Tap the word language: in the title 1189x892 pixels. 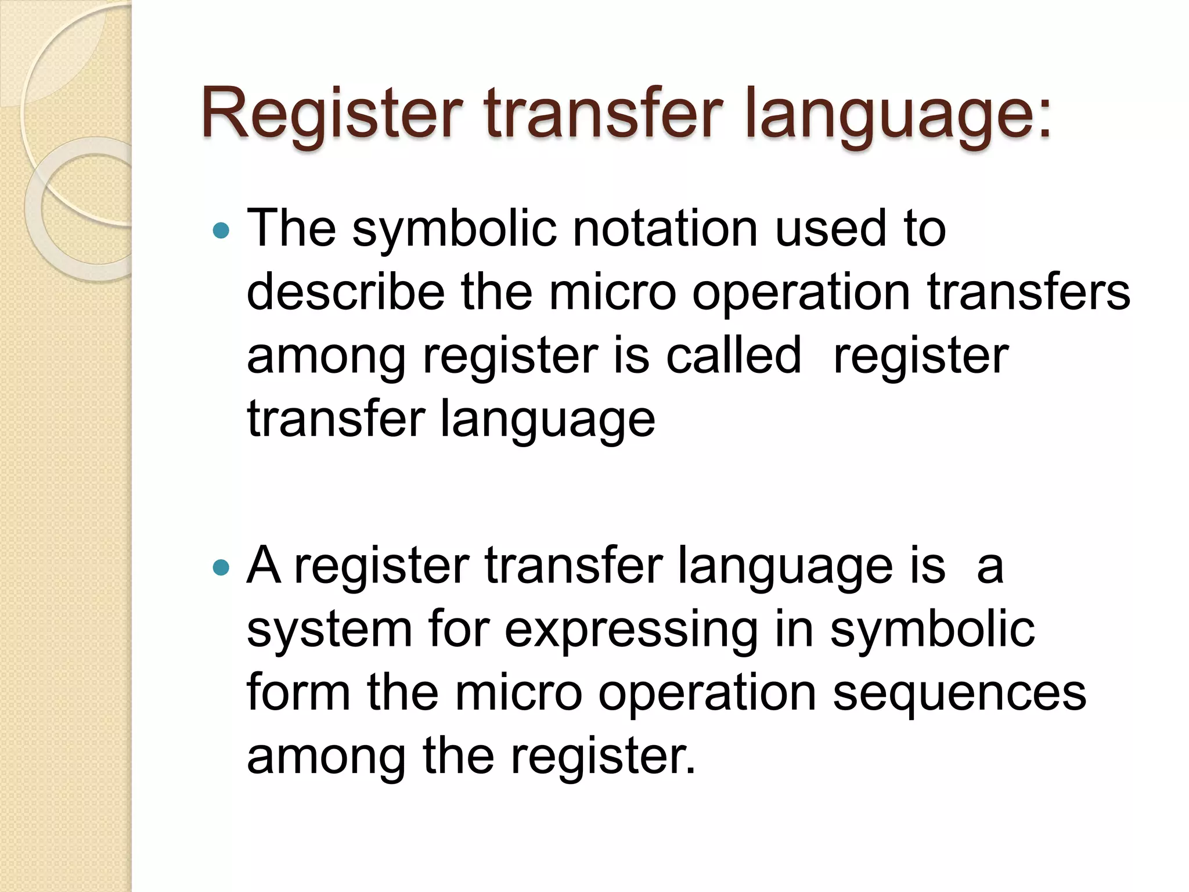click(898, 114)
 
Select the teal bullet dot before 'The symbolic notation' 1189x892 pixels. click(221, 231)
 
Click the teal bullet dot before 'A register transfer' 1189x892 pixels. click(221, 567)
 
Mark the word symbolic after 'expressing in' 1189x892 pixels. click(932, 630)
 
